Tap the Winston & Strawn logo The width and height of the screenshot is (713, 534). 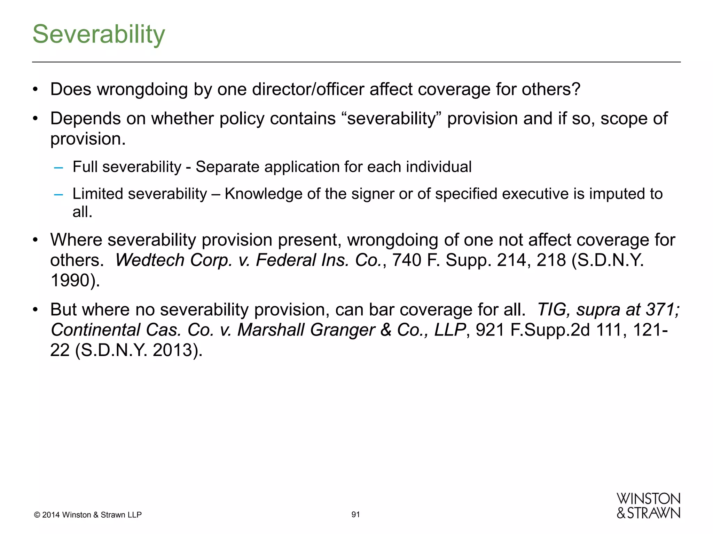point(648,506)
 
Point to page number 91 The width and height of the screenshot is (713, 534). point(355,515)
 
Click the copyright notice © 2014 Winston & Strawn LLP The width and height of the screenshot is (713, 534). point(88,515)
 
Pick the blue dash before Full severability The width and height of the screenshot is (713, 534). point(58,168)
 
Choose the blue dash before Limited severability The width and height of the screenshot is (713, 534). point(58,194)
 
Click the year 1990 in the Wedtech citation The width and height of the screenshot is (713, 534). point(70,280)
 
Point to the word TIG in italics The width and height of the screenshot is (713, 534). point(550,309)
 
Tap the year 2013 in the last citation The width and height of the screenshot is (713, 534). point(173,350)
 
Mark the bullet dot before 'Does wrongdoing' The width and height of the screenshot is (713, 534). point(35,90)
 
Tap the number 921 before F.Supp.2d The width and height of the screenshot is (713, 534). point(490,330)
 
